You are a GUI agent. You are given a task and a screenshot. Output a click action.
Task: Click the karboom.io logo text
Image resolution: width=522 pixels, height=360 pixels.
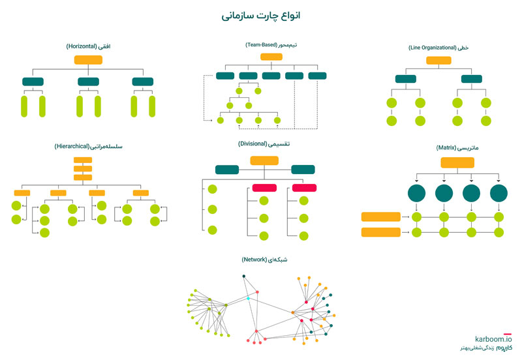[494, 339]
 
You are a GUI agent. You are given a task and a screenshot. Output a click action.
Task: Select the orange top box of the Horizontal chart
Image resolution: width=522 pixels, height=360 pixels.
[88, 60]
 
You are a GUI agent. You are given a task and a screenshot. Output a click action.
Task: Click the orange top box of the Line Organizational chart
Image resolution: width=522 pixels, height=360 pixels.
[438, 61]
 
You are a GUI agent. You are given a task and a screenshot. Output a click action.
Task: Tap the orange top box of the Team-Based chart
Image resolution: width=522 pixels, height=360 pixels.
[271, 57]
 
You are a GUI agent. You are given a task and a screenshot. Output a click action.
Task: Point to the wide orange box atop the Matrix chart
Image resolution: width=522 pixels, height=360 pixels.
[457, 162]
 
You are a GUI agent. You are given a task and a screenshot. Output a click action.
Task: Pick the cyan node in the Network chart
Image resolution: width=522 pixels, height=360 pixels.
[248, 299]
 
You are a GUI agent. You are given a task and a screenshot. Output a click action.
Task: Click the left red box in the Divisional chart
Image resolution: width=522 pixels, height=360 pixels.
[264, 188]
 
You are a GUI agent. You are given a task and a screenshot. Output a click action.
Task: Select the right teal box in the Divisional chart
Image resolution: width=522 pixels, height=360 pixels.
[303, 170]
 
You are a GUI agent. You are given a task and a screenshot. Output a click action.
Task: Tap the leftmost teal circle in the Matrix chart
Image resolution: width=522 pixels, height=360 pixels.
[416, 193]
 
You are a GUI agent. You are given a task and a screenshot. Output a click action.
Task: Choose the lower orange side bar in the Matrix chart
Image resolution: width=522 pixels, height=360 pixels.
[380, 232]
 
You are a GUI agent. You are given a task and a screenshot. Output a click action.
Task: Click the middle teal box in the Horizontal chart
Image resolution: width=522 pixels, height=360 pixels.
[88, 82]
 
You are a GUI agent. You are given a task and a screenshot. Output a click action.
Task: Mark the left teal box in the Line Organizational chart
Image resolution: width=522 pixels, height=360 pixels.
[405, 79]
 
